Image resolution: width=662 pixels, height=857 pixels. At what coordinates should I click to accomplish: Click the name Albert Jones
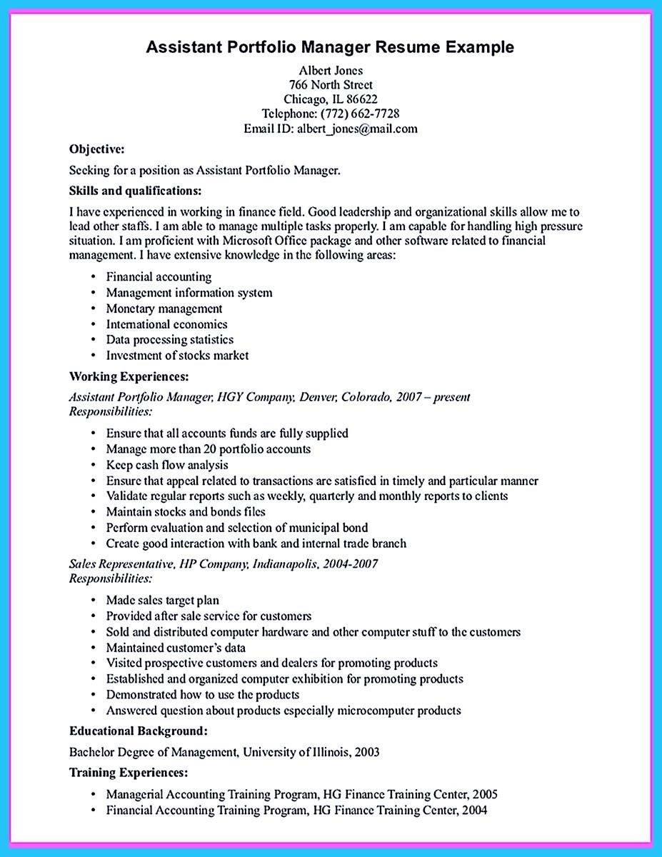(x=331, y=70)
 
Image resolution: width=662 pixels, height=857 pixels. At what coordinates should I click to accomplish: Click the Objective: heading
(x=97, y=149)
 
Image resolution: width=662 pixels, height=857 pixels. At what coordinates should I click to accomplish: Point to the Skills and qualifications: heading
(x=136, y=191)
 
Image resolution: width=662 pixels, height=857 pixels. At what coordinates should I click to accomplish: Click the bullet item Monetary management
(x=164, y=309)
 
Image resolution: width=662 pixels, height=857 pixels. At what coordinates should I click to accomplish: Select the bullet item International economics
(x=166, y=324)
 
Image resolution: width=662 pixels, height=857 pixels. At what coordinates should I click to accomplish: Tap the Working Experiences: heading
(x=129, y=376)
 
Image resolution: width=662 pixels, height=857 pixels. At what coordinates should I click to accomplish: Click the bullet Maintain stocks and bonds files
(x=186, y=511)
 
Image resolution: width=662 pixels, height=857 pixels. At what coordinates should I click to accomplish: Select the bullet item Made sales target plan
(x=162, y=600)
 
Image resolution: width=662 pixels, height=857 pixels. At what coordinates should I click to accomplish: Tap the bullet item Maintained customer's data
(x=176, y=648)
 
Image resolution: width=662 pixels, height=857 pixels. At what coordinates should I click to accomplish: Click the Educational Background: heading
(x=139, y=731)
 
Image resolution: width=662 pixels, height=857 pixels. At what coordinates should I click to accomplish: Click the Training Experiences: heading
(x=129, y=772)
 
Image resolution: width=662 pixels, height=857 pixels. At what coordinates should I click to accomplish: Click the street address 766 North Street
(x=331, y=84)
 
